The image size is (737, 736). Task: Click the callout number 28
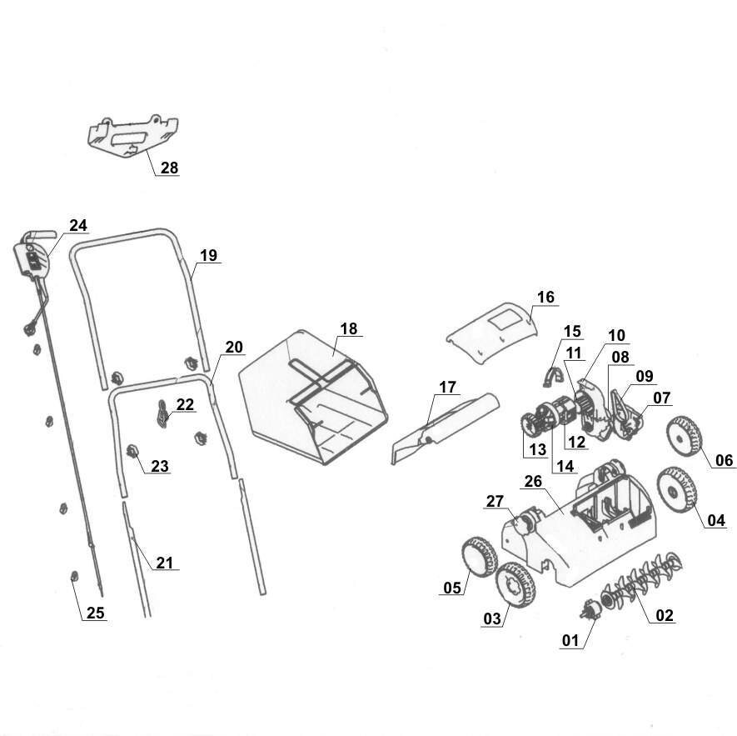pyautogui.click(x=169, y=168)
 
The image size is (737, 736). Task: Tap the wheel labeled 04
pyautogui.click(x=676, y=491)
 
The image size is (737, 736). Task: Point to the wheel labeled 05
pyautogui.click(x=477, y=556)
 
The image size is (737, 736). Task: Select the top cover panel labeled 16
pyautogui.click(x=491, y=328)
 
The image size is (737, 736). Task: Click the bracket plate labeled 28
pyautogui.click(x=133, y=134)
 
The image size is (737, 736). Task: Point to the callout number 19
pyautogui.click(x=208, y=255)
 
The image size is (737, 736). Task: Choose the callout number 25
pyautogui.click(x=96, y=613)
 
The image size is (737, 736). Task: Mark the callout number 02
pyautogui.click(x=665, y=616)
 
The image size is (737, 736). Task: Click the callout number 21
pyautogui.click(x=165, y=563)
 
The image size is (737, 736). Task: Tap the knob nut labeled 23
pyautogui.click(x=132, y=453)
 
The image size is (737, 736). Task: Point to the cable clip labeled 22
pyautogui.click(x=163, y=411)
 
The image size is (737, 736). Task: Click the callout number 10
pyautogui.click(x=615, y=335)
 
